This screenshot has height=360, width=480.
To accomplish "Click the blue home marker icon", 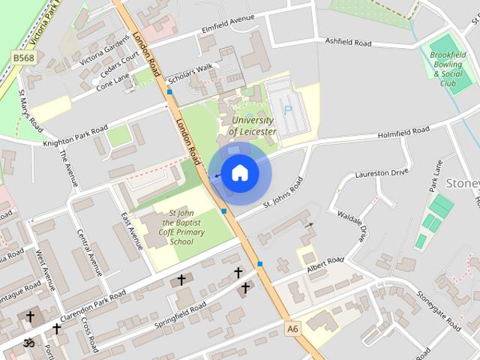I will (x=239, y=173).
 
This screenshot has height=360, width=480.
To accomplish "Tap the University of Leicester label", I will (x=253, y=125).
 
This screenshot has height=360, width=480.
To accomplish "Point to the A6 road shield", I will (x=292, y=328).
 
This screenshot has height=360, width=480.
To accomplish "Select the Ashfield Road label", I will (x=348, y=43).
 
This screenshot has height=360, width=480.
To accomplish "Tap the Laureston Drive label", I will (x=382, y=172).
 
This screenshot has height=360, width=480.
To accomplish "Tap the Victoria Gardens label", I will (x=105, y=49).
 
